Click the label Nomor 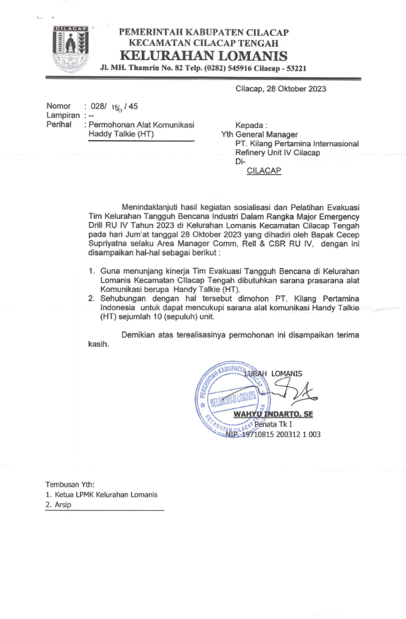(58, 106)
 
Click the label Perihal (59, 125)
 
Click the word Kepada (251, 125)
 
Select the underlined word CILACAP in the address (264, 171)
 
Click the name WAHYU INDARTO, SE (273, 414)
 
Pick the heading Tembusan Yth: (70, 484)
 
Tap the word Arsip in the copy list (63, 505)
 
